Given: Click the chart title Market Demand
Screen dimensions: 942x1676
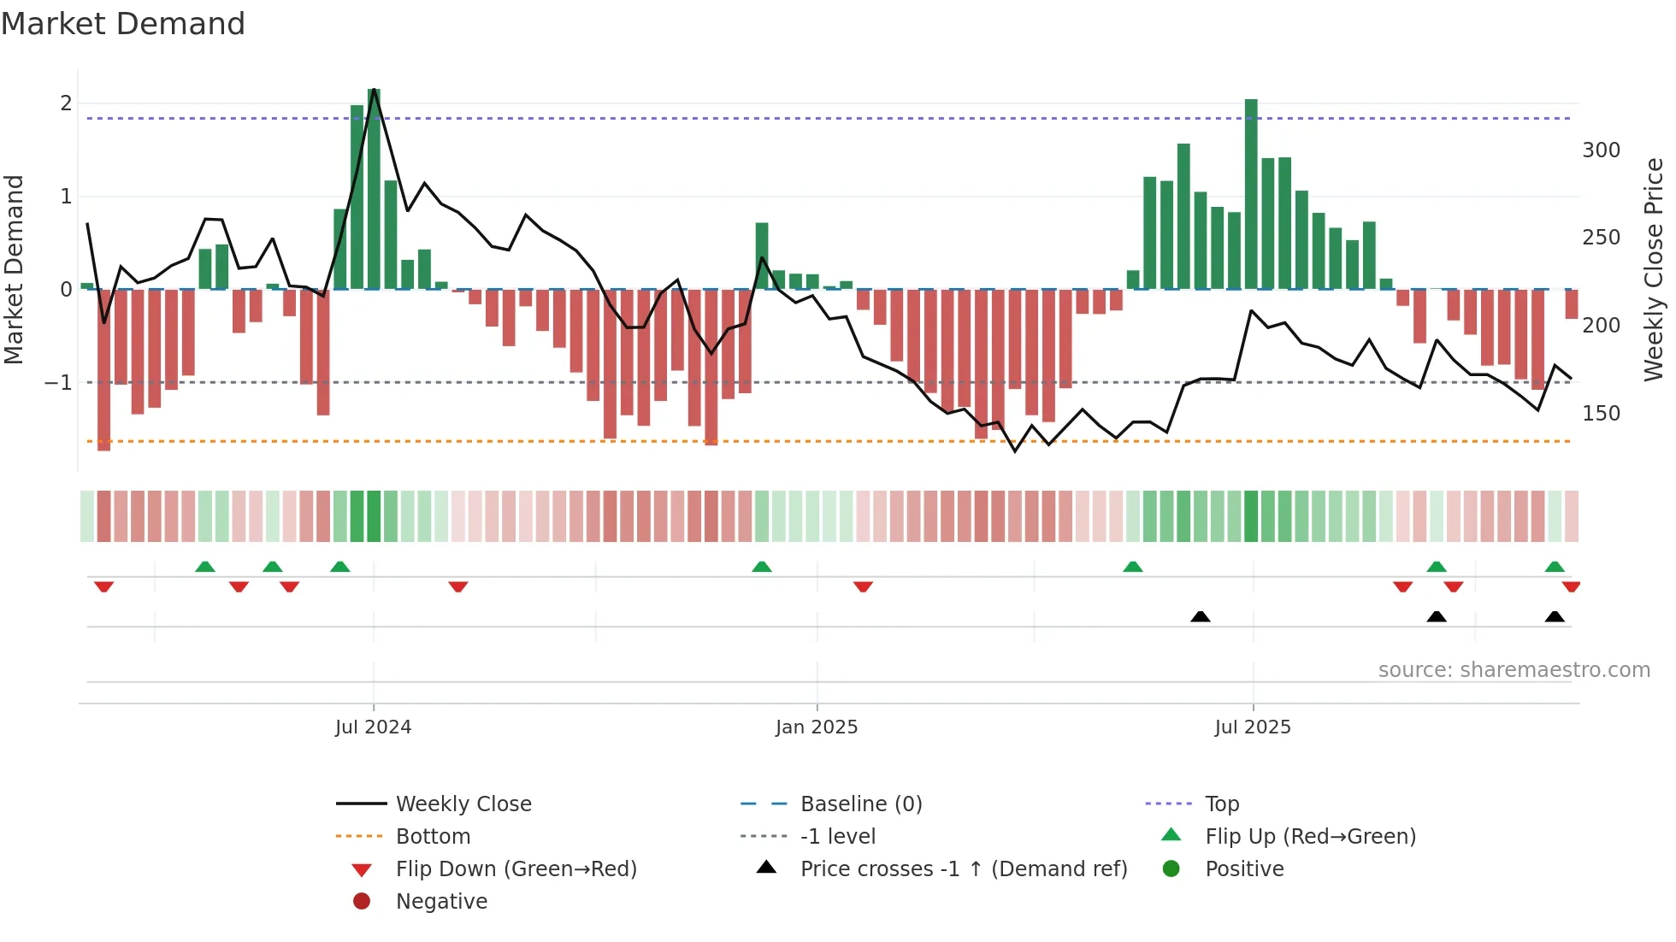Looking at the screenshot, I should tap(123, 24).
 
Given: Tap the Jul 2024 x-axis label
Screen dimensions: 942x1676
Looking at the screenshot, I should tap(373, 727).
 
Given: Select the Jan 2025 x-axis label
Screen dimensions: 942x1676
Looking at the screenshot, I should tap(817, 727).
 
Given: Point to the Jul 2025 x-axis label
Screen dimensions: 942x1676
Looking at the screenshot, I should tap(1253, 727).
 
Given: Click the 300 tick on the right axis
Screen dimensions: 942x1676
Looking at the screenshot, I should tap(1601, 150).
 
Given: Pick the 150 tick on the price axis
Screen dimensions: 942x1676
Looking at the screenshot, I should tap(1601, 414).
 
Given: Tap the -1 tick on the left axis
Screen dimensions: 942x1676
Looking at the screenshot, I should tap(59, 383).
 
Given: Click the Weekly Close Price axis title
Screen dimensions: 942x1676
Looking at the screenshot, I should tap(1654, 269).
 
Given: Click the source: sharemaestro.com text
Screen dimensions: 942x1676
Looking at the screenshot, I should tap(1514, 670).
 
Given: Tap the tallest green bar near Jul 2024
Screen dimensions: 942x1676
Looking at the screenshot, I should tap(374, 188).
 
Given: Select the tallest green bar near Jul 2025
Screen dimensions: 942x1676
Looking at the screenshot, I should tap(1251, 194).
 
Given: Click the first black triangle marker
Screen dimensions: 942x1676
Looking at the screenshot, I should tap(1201, 616).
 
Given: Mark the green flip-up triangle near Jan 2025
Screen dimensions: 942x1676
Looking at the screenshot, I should tap(762, 567).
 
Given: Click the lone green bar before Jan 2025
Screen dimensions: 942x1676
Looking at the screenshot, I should tap(762, 256).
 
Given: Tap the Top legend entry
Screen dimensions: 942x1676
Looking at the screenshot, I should tap(1221, 804).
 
